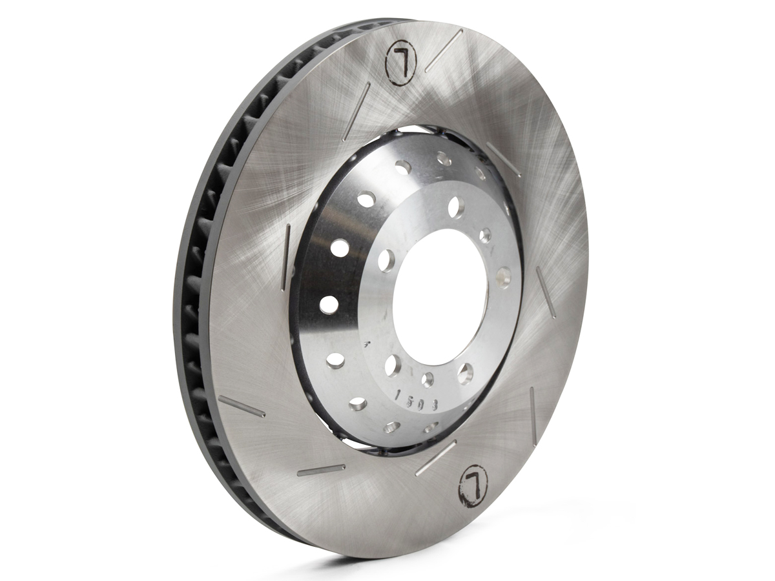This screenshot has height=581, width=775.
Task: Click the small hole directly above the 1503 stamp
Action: click(428, 379)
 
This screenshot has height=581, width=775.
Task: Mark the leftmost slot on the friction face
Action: click(242, 407)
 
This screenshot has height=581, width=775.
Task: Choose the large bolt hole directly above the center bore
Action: click(456, 207)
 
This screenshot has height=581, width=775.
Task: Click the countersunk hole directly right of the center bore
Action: click(503, 276)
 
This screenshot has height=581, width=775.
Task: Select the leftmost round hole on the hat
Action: click(329, 304)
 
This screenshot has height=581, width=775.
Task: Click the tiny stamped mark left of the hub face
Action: click(367, 346)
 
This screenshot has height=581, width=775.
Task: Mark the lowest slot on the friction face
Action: click(321, 469)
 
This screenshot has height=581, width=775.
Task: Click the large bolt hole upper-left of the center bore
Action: click(386, 260)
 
